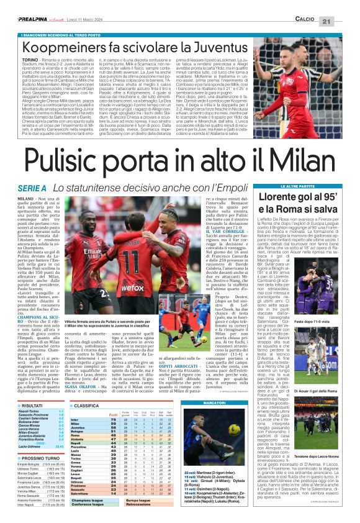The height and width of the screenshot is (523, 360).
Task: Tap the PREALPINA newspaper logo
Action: [x=31, y=6]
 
